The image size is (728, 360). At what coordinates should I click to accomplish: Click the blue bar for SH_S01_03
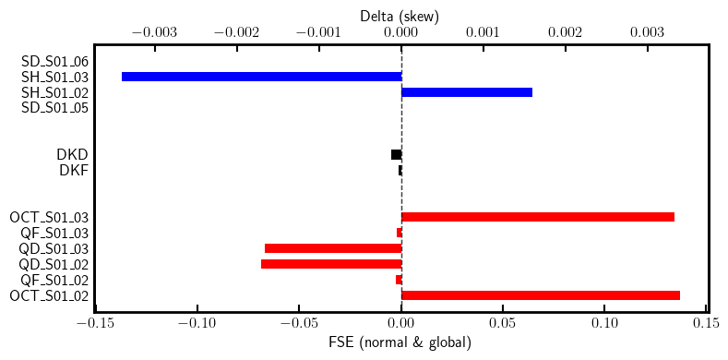261,77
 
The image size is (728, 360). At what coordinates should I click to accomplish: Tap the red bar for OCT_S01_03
538,217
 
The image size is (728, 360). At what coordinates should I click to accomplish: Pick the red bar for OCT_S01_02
541,295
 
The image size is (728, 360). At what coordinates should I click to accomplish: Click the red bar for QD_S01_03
333,248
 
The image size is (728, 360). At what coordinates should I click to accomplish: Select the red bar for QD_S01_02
331,264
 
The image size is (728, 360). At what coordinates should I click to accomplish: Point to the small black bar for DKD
397,154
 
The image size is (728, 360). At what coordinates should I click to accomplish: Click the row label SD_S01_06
54,61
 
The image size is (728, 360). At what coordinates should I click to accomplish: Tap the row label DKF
74,170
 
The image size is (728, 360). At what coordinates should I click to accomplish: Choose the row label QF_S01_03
54,233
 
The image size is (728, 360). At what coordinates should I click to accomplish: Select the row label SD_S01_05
54,108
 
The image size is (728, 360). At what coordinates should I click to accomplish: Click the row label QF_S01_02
54,280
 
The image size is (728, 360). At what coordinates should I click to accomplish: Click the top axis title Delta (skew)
400,16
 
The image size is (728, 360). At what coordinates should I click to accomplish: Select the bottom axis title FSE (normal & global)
400,342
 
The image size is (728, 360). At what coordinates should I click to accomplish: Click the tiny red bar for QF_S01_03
400,233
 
